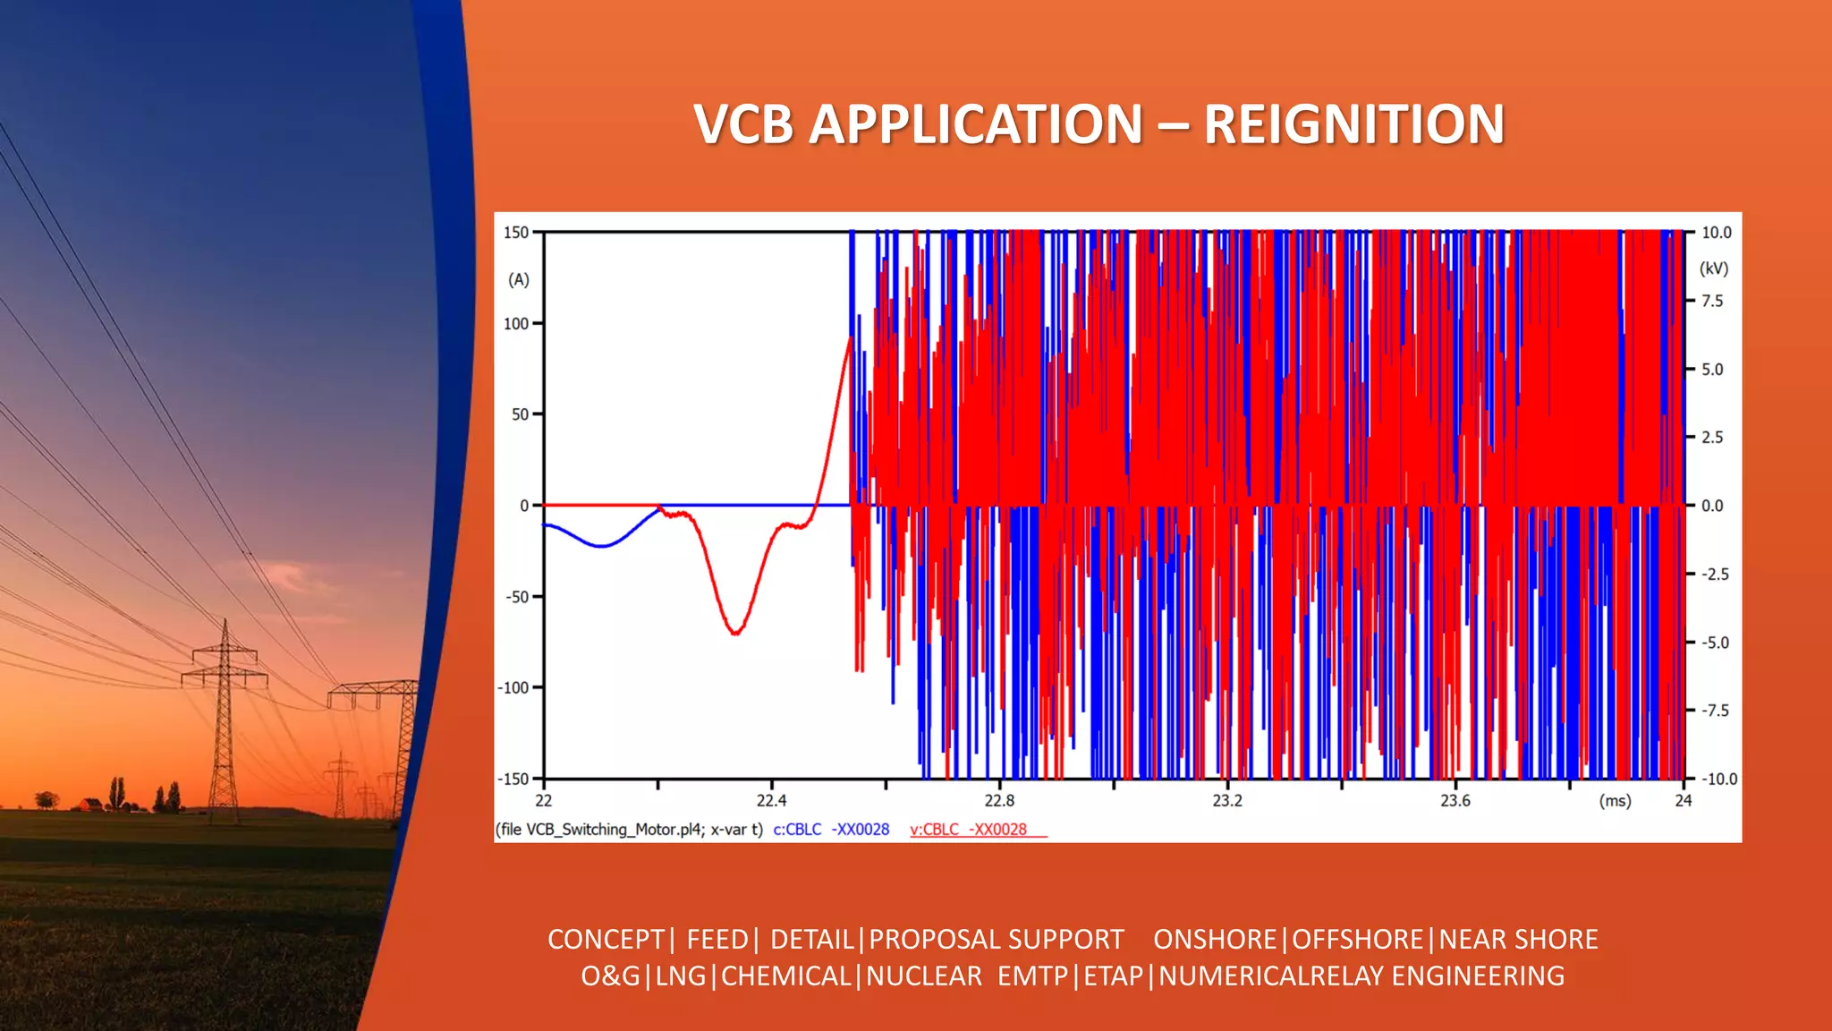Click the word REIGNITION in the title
click(x=1353, y=124)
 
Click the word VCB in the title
click(x=742, y=124)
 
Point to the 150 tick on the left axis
click(x=516, y=233)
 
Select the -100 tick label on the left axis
click(x=514, y=687)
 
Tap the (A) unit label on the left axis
click(x=519, y=280)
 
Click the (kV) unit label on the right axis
click(x=1713, y=268)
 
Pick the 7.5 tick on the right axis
click(x=1711, y=301)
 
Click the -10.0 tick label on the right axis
click(x=1717, y=779)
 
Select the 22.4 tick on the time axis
click(x=771, y=800)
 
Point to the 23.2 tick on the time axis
click(x=1226, y=800)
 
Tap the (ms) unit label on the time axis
click(x=1615, y=801)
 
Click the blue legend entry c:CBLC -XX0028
click(x=831, y=830)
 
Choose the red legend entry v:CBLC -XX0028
click(x=969, y=830)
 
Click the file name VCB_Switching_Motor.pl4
click(x=615, y=830)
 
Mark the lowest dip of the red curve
click(x=735, y=633)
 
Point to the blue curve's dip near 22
click(x=602, y=545)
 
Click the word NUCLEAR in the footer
click(x=923, y=976)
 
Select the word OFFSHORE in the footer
click(x=1357, y=939)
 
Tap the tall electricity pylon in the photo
click(x=225, y=716)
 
